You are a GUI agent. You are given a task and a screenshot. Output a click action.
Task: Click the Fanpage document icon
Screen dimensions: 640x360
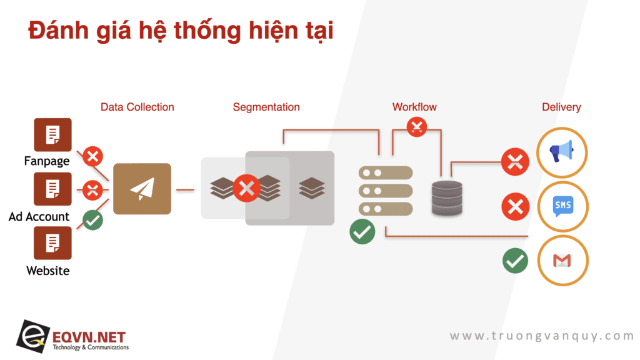click(52, 135)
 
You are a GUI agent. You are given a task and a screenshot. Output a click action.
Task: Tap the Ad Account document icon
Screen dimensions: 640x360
click(52, 189)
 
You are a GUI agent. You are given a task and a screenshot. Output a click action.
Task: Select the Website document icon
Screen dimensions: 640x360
click(52, 243)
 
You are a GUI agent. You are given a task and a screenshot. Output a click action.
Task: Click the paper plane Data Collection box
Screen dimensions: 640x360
click(142, 189)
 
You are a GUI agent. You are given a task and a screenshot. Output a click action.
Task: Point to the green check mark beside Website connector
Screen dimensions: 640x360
click(92, 220)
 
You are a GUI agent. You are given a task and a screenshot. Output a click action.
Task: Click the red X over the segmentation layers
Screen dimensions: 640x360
click(246, 188)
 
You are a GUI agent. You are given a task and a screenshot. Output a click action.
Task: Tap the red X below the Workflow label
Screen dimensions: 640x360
click(417, 126)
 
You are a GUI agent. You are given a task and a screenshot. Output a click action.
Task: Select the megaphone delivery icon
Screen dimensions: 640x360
click(562, 152)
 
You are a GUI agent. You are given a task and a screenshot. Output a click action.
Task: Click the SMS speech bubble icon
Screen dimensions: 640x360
click(563, 206)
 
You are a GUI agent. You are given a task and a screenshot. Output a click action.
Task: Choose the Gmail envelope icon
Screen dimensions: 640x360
click(562, 261)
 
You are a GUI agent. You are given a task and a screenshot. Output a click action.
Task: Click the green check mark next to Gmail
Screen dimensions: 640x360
click(515, 261)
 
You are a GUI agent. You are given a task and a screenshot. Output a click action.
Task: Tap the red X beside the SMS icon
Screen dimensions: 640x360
click(515, 206)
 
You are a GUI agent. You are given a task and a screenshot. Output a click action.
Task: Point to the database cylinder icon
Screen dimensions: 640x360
click(447, 198)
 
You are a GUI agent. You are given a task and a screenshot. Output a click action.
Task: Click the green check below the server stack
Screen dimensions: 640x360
click(362, 231)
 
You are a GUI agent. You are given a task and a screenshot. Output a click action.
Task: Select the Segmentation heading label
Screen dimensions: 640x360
click(266, 107)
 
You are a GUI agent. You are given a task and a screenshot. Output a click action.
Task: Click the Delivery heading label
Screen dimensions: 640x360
click(561, 107)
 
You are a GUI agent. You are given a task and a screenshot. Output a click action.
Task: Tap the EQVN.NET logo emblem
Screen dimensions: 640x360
click(33, 336)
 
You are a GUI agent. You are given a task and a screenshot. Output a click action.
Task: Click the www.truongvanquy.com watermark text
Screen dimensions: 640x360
click(542, 336)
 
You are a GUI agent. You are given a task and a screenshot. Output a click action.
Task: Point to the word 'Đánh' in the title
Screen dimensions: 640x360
click(58, 29)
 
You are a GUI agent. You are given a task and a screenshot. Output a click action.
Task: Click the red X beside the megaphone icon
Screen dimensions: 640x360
click(515, 162)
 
